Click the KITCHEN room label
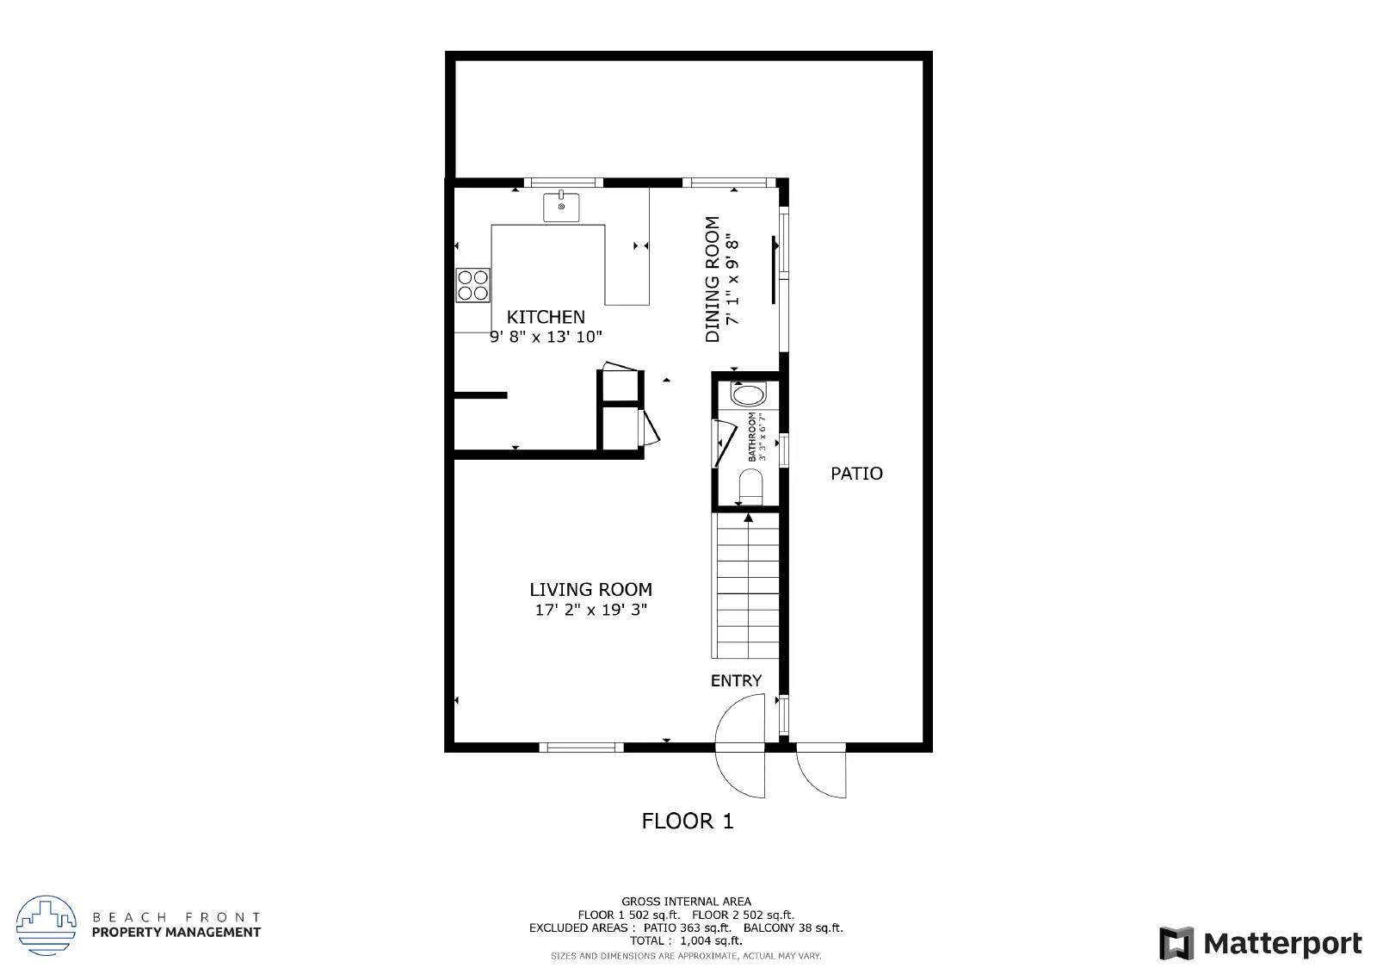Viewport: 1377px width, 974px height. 546,317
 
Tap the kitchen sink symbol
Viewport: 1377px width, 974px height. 561,207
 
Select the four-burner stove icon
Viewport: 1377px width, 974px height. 472,285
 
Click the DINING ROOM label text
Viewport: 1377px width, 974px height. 713,279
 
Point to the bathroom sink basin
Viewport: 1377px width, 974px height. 746,395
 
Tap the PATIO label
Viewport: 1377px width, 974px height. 856,474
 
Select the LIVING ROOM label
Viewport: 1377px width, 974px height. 590,590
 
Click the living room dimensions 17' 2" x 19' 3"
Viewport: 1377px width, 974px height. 590,611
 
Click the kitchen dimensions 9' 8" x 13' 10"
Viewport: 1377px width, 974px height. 546,337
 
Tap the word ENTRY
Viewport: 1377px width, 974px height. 736,680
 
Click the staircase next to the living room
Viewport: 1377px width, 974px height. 746,586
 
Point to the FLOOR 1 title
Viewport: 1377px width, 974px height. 688,821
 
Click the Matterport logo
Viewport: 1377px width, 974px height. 1261,944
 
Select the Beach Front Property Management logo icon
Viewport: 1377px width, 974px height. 46,925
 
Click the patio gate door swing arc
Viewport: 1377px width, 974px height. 822,773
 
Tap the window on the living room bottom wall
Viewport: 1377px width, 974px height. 582,747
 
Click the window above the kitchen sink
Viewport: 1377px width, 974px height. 563,182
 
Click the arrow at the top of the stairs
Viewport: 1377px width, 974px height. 748,518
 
